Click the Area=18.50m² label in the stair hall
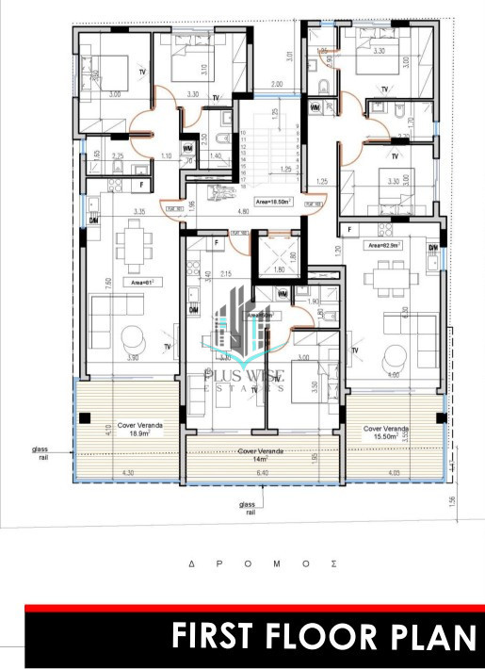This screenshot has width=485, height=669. pos(274,201)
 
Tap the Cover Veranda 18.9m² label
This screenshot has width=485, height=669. pos(139,429)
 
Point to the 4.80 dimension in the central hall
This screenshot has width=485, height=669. pos(242,213)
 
